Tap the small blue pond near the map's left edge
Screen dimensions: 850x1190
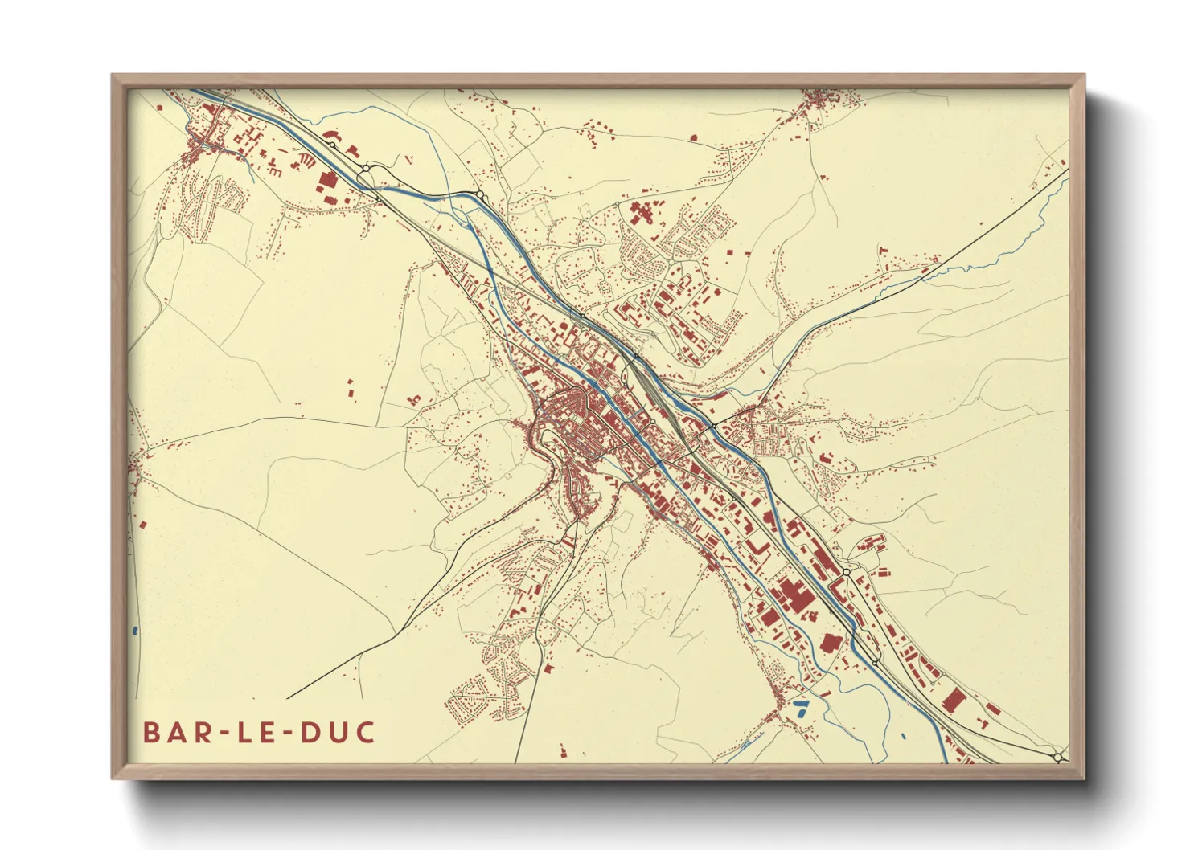click(133, 631)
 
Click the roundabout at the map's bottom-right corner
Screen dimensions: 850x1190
click(1058, 757)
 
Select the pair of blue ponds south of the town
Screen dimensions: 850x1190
click(801, 707)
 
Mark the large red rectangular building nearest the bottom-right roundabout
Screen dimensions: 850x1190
click(954, 700)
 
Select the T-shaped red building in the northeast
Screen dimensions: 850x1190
click(641, 214)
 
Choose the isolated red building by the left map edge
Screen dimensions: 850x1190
click(143, 525)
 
